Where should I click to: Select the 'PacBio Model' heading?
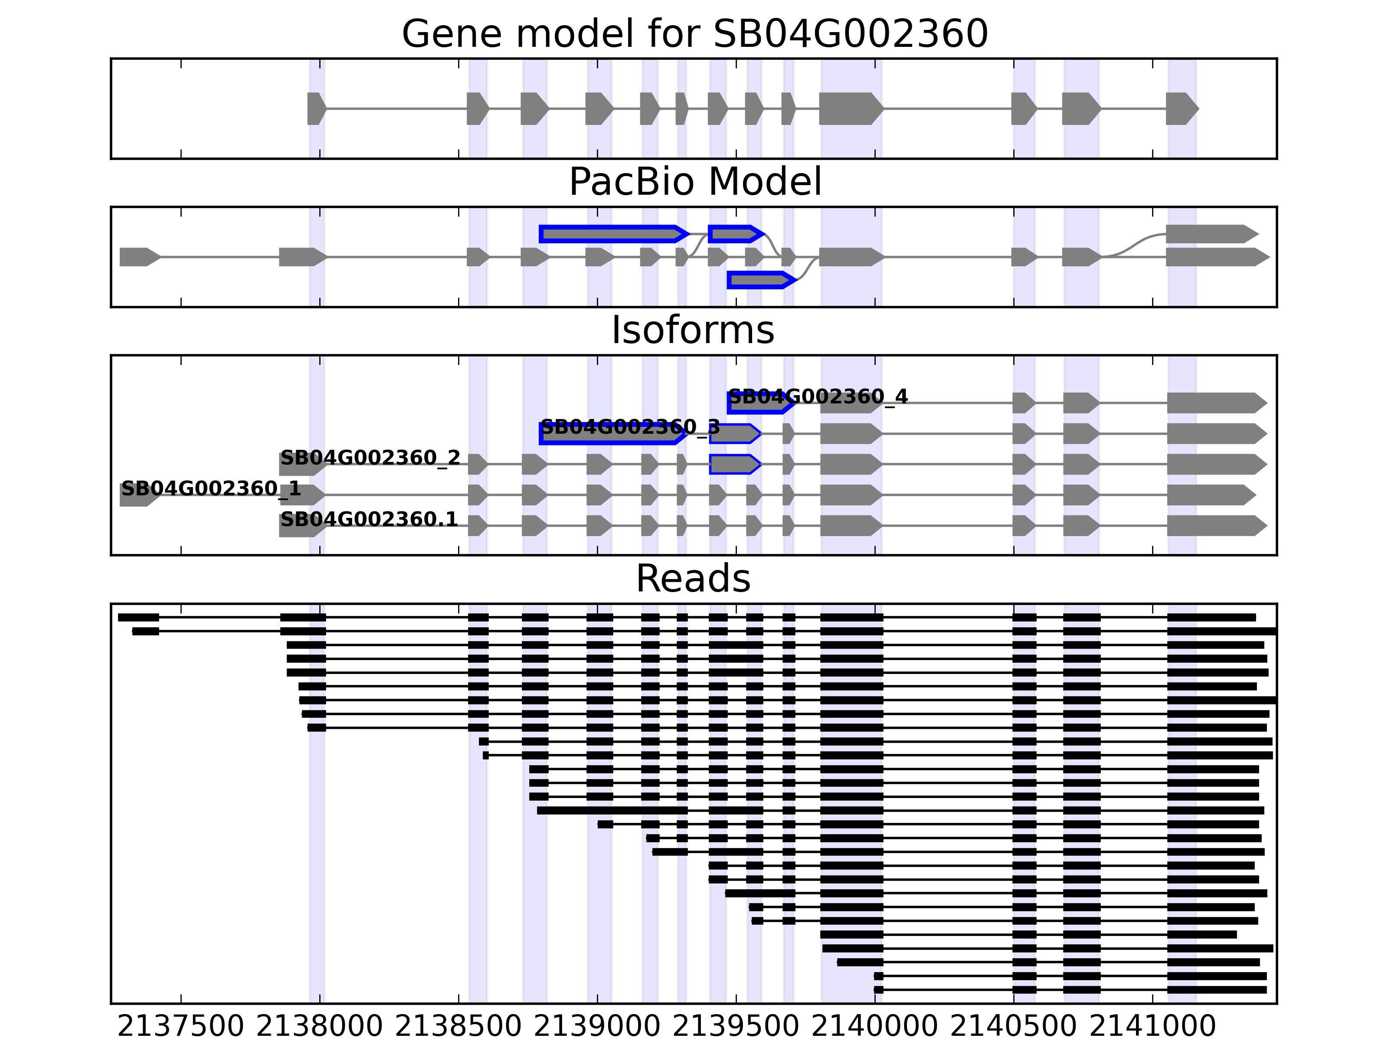point(694,182)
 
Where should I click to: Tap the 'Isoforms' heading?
point(693,330)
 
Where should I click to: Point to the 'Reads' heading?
point(693,579)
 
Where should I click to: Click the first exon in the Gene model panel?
point(316,108)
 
